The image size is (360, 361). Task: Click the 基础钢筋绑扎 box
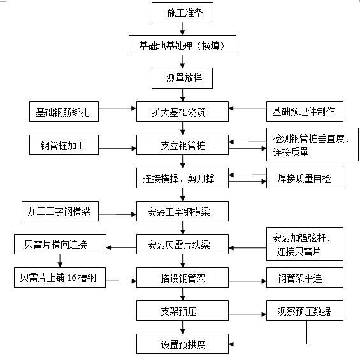pos(63,112)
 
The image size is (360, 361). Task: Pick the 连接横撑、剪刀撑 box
pos(183,179)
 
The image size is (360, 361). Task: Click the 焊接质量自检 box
pos(308,179)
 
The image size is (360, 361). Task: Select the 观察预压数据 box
pos(304,312)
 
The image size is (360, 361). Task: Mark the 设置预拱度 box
pos(183,344)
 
